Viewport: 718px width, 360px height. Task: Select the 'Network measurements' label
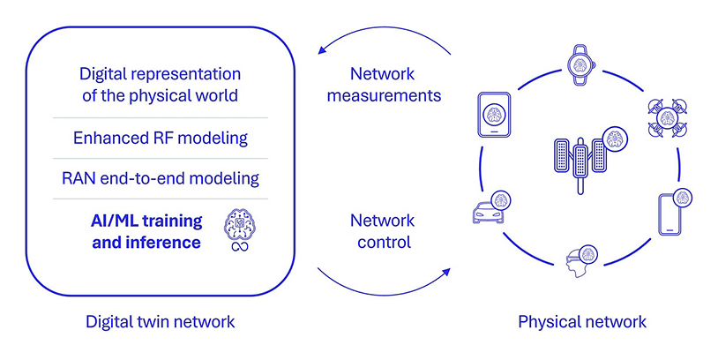point(383,84)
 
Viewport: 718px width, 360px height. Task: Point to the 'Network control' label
point(381,230)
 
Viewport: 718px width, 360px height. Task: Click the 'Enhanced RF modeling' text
point(160,138)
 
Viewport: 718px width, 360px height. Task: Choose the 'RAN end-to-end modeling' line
point(160,178)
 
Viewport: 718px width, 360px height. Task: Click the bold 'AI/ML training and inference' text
point(146,230)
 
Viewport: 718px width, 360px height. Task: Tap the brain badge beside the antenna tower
point(610,139)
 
